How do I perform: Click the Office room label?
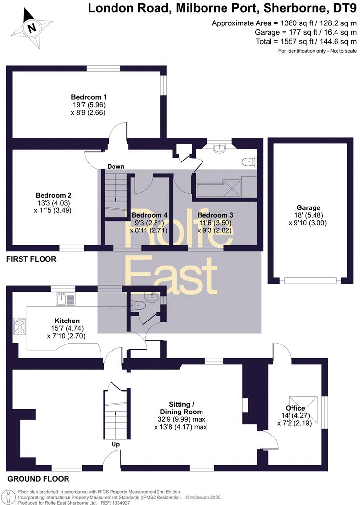(295, 408)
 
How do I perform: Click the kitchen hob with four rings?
(20, 326)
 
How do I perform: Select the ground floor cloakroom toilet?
(138, 305)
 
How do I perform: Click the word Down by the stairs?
(115, 167)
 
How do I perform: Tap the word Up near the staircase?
(115, 444)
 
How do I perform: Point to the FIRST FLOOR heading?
(31, 259)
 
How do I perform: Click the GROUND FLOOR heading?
(38, 479)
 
